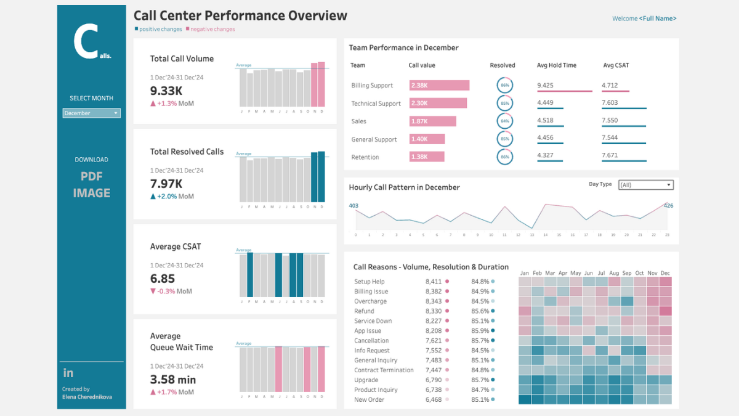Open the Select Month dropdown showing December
(x=92, y=113)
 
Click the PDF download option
(x=91, y=176)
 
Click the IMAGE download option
(x=91, y=193)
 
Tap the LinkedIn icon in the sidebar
(x=68, y=373)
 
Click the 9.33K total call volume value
(x=166, y=91)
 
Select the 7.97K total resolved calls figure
(x=166, y=183)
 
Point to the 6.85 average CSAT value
(x=163, y=279)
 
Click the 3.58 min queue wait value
(x=173, y=379)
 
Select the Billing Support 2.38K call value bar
(x=439, y=86)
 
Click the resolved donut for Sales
(x=505, y=121)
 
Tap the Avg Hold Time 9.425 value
(x=545, y=86)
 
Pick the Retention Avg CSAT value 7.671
(x=610, y=155)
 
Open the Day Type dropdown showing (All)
(x=645, y=185)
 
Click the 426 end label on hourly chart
(x=668, y=206)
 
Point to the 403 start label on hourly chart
(x=353, y=206)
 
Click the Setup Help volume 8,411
(x=434, y=282)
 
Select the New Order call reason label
(x=369, y=400)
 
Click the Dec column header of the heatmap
(x=665, y=273)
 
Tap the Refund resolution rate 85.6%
(x=480, y=311)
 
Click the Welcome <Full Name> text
(x=644, y=18)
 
